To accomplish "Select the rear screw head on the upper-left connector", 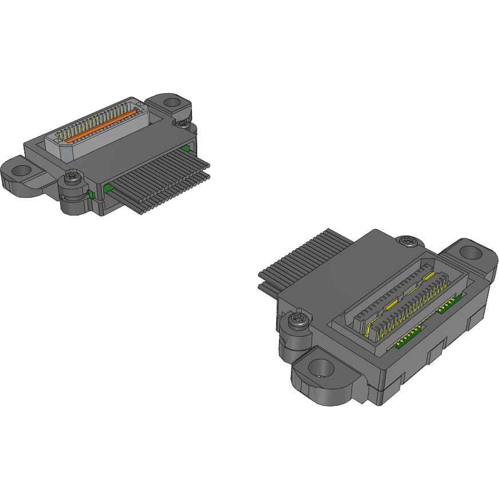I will tap(182, 123).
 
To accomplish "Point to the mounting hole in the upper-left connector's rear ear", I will tap(171, 103).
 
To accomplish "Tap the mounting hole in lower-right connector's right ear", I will tap(471, 252).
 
